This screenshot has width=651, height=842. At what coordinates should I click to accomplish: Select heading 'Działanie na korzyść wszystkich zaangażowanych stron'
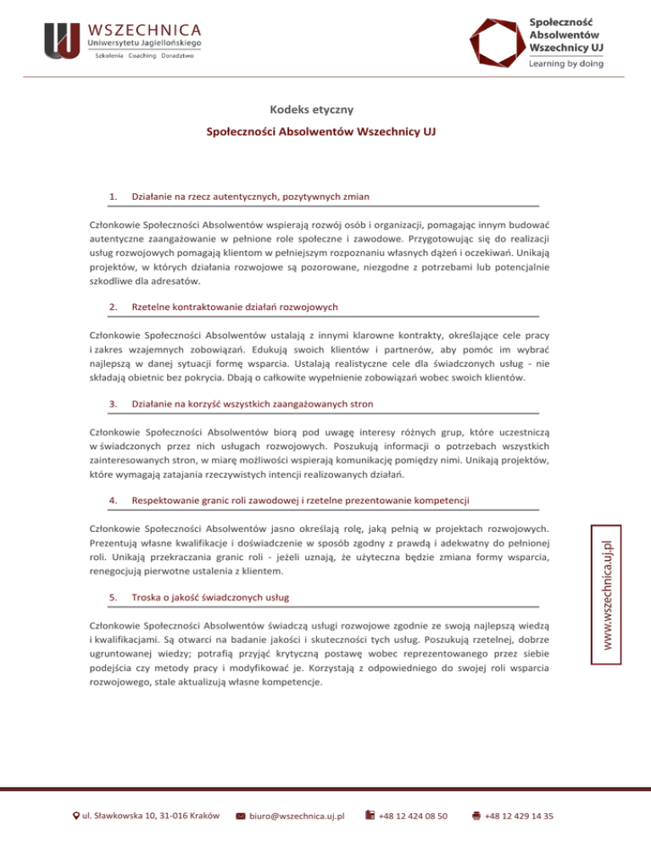click(253, 403)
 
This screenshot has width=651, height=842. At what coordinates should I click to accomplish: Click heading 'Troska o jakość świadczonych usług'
click(211, 597)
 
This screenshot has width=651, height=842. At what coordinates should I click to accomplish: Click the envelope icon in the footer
click(240, 817)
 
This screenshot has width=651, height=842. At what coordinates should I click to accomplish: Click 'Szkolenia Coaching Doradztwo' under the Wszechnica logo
click(145, 56)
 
